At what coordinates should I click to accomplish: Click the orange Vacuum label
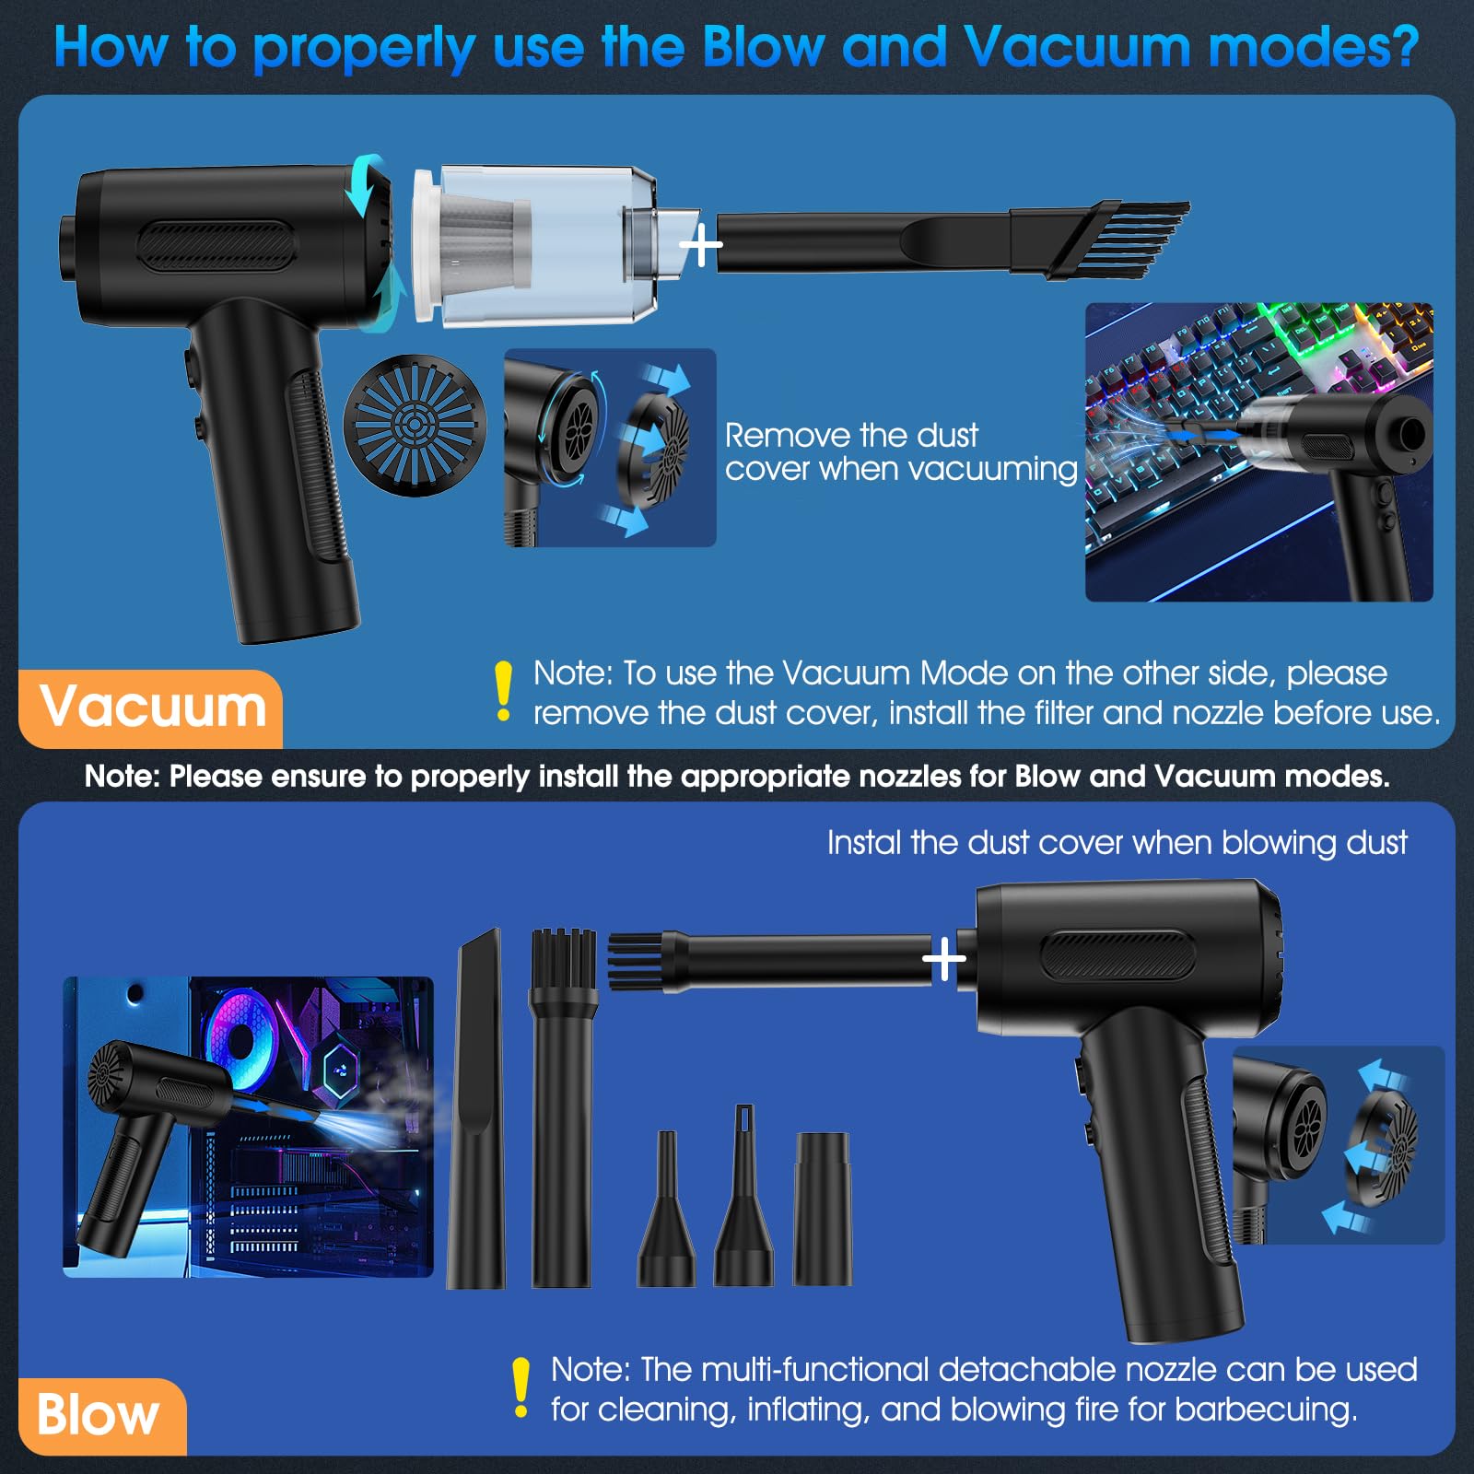tap(152, 708)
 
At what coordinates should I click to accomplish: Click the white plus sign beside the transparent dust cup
tap(701, 245)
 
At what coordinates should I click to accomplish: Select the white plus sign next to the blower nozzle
tap(944, 961)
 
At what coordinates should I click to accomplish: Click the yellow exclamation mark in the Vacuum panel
tap(503, 690)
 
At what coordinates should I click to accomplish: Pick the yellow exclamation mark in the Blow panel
tap(521, 1387)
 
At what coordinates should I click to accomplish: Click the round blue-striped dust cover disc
tap(415, 426)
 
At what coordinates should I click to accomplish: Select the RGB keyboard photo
tap(1258, 451)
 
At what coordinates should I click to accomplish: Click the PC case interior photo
tap(248, 1126)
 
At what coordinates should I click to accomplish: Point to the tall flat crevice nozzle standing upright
tap(476, 1110)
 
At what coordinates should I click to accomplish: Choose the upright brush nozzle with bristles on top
tap(562, 1110)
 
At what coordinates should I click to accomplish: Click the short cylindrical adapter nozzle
tap(823, 1209)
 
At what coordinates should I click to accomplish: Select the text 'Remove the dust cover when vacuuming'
tap(899, 451)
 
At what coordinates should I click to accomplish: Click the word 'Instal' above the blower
tap(863, 843)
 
